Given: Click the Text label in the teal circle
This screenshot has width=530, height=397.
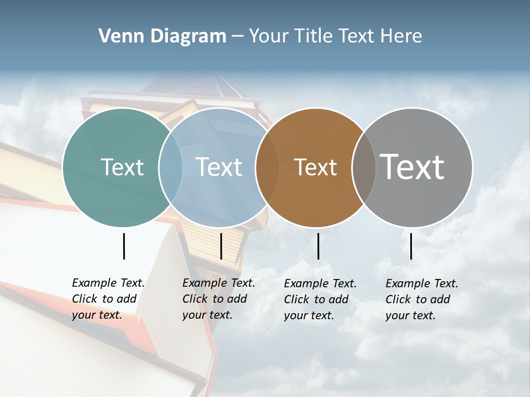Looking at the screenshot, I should point(122,167).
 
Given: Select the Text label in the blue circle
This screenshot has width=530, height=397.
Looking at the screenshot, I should point(219,167).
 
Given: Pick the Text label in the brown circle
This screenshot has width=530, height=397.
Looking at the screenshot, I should point(315,167).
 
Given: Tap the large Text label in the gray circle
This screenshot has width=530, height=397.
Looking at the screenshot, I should point(412,167).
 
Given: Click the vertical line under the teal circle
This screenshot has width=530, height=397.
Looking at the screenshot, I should point(124,246).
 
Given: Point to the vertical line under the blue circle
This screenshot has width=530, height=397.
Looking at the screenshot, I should point(221,246).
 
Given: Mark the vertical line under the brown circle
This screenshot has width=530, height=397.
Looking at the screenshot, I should point(319,246).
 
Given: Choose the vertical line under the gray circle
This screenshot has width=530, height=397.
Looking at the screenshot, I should point(411,246).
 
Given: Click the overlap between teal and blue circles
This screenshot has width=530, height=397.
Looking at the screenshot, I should point(171,167).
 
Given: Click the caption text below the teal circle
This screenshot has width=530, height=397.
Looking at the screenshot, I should point(108,299).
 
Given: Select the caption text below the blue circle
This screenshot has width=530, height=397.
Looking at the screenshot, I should point(218,299).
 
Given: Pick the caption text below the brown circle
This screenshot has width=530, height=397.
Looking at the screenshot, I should point(320,299).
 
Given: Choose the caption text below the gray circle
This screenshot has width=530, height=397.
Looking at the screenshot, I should point(421,299).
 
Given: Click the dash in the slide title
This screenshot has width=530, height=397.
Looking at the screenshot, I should point(237,36).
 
